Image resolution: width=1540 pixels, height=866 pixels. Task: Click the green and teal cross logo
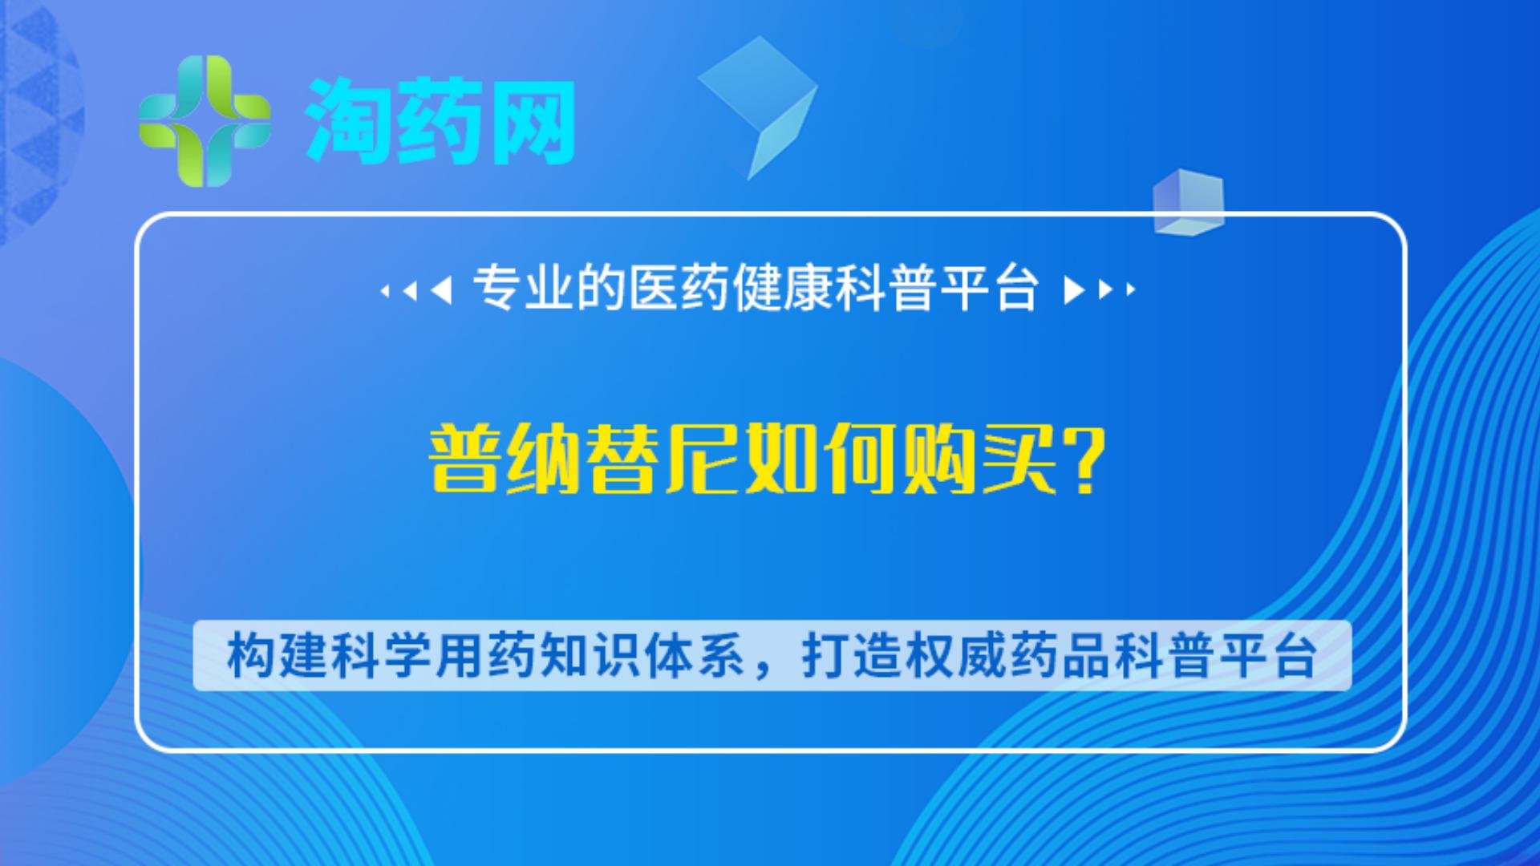[205, 121]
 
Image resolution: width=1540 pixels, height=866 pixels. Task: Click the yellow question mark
[1081, 459]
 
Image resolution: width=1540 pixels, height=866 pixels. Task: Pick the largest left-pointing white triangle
[442, 289]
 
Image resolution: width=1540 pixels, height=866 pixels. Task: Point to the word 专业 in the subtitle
[523, 288]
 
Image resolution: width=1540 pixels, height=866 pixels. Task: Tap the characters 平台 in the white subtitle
[990, 288]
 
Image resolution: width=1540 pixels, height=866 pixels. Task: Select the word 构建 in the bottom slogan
[277, 655]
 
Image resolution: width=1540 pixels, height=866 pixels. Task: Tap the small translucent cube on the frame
[1188, 202]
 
